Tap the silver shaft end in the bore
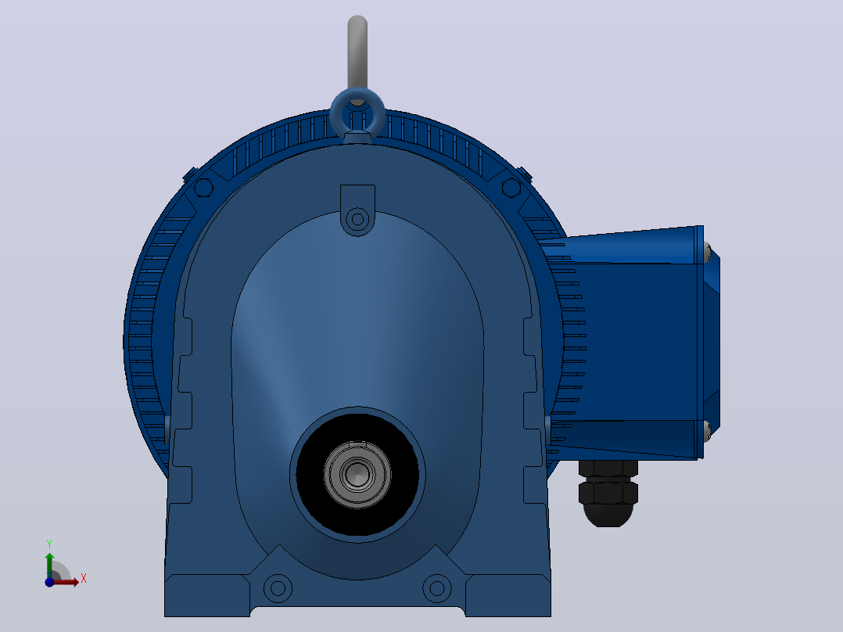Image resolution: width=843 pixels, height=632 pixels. pos(357,475)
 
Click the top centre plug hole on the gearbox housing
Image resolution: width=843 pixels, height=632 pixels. pos(357,220)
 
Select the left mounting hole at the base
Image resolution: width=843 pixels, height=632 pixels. pos(278,588)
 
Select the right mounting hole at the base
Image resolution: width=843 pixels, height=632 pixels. pos(437,588)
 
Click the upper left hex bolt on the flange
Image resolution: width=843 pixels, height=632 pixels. pos(203,188)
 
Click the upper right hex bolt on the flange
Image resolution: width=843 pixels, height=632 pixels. pos(511,188)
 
